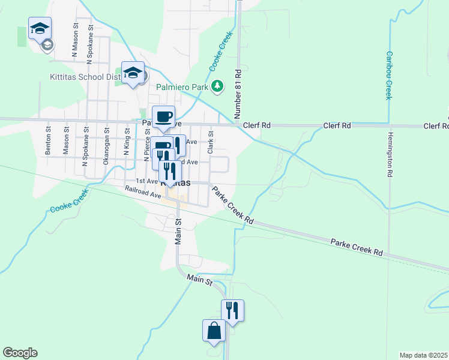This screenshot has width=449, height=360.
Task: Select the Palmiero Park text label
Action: click(x=182, y=86)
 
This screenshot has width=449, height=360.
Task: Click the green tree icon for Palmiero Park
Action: click(x=217, y=86)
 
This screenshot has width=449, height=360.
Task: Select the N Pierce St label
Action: click(x=147, y=145)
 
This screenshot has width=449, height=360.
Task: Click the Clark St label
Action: click(x=211, y=143)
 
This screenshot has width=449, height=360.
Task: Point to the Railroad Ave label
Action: click(x=143, y=192)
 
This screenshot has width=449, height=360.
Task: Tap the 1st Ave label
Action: click(x=146, y=181)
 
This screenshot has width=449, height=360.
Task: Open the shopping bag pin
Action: click(x=214, y=330)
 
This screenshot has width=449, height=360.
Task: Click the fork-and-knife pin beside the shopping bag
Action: click(x=232, y=310)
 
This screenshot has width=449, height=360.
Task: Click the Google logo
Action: click(x=20, y=353)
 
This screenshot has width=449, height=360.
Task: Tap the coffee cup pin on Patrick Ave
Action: click(x=163, y=116)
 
